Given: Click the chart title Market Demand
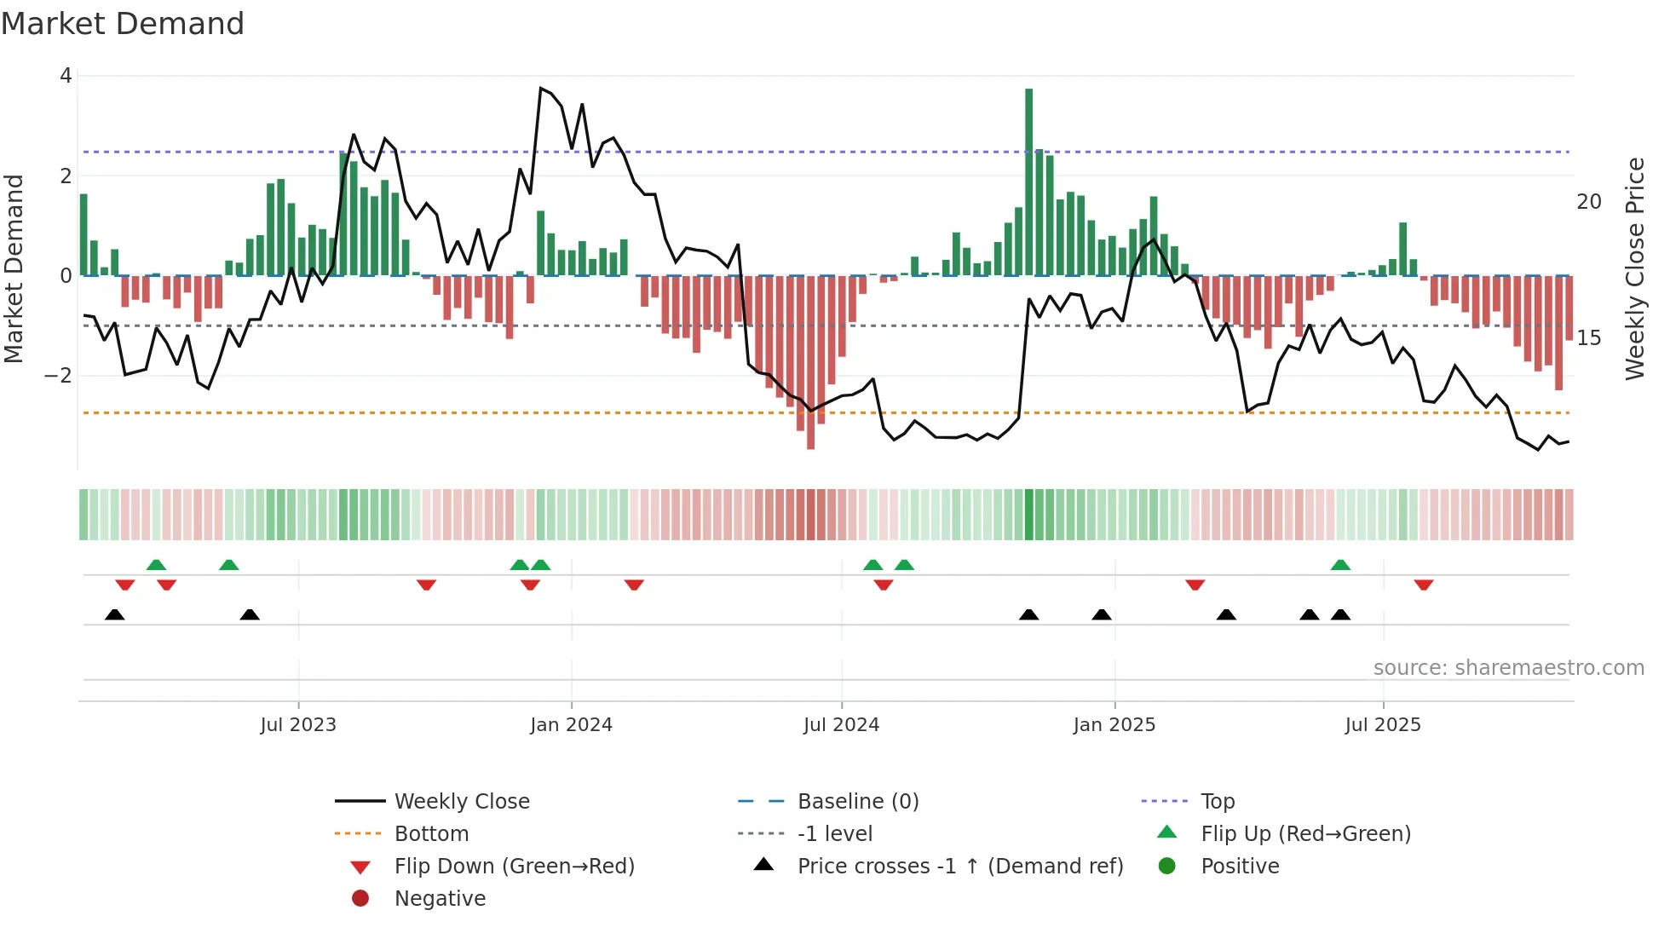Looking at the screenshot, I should pyautogui.click(x=123, y=24).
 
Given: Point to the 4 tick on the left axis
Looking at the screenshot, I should pyautogui.click(x=66, y=76).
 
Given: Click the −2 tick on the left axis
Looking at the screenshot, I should pyautogui.click(x=58, y=376).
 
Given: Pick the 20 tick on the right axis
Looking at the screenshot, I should pyautogui.click(x=1588, y=202).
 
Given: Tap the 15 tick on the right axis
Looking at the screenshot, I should pyautogui.click(x=1588, y=338).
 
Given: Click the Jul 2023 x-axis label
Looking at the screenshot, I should pyautogui.click(x=298, y=725).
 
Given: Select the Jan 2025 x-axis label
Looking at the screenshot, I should pyautogui.click(x=1114, y=725).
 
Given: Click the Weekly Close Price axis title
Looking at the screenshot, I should pyautogui.click(x=1634, y=268).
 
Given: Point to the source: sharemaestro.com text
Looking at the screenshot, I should pyautogui.click(x=1508, y=668).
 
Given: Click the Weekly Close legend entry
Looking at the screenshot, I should pyautogui.click(x=461, y=802).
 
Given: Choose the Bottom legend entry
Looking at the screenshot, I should pyautogui.click(x=431, y=834).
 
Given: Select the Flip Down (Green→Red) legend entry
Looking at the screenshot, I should pyautogui.click(x=514, y=867).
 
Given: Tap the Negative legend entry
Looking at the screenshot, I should pyautogui.click(x=440, y=899).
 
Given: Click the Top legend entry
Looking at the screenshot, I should pyautogui.click(x=1217, y=802).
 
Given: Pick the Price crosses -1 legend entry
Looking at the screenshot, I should pyautogui.click(x=959, y=867).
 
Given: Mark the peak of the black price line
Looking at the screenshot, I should pyautogui.click(x=540, y=88).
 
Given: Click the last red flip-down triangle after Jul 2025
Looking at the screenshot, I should pyautogui.click(x=1423, y=585).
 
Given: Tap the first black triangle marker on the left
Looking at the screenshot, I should pyautogui.click(x=115, y=614).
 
